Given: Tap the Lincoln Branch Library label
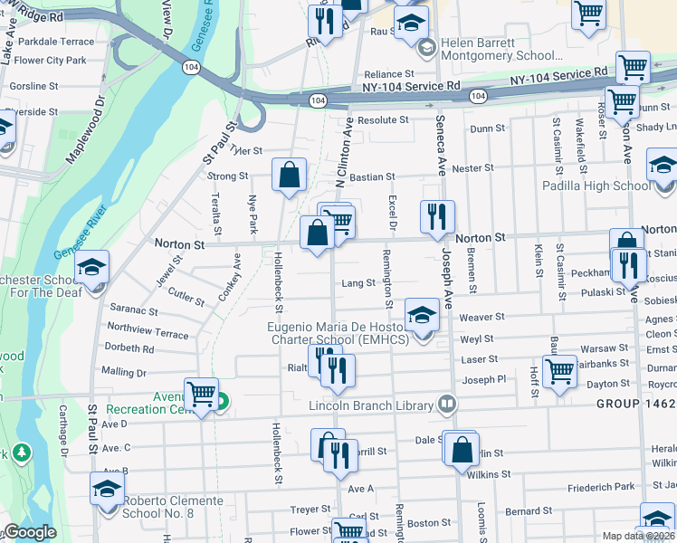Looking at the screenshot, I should (x=371, y=405).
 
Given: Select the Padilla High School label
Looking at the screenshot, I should (x=596, y=186).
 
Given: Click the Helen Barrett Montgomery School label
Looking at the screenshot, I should (x=514, y=50).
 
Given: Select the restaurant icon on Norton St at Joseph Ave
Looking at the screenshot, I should (x=435, y=215).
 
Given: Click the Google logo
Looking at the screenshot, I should (x=30, y=532).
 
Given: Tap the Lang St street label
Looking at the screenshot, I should (x=358, y=283).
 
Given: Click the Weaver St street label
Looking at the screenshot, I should (x=482, y=317).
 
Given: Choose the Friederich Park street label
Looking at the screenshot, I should (x=576, y=487).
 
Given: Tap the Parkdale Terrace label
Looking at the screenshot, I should (x=56, y=42).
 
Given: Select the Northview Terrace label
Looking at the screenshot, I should (x=148, y=334).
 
